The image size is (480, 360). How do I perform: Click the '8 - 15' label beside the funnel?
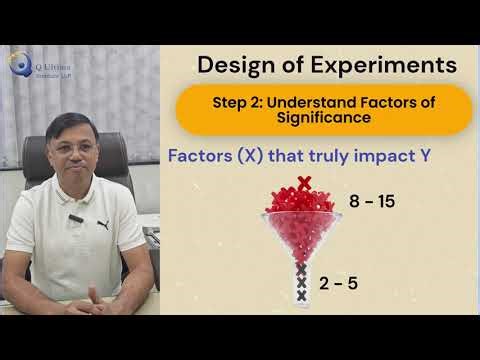pyautogui.click(x=371, y=202)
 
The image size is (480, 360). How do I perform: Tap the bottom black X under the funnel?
pyautogui.click(x=301, y=297)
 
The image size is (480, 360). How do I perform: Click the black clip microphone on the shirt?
pyautogui.click(x=74, y=219)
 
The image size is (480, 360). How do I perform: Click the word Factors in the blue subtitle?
pyautogui.click(x=200, y=157)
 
